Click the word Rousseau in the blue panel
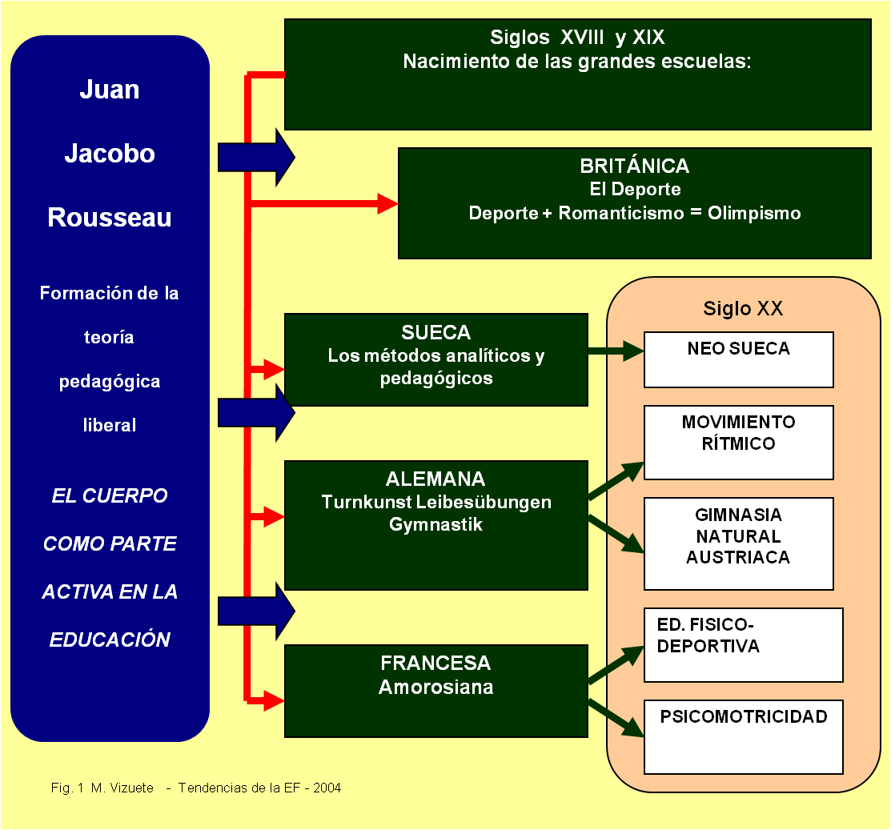coord(110,218)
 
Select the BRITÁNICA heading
coord(634,166)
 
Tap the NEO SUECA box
coord(738,359)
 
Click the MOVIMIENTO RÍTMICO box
coord(738,442)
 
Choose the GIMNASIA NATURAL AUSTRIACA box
coord(738,543)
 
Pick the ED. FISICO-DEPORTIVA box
coord(743,644)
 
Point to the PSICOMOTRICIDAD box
coord(743,736)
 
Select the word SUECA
coord(435,333)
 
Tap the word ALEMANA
coord(435,479)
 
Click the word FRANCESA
coord(435,664)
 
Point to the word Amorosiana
coord(435,687)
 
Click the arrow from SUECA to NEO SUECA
coord(616,351)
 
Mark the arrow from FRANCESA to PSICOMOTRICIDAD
coord(616,718)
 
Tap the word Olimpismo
coord(754,214)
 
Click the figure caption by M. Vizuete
coord(196,788)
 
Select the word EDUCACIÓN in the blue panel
coord(110,640)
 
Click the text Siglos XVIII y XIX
coord(577,38)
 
